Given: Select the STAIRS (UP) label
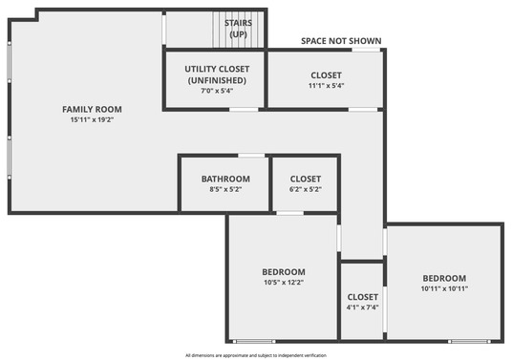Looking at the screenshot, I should (x=238, y=28).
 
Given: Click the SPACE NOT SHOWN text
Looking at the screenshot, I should (x=341, y=41).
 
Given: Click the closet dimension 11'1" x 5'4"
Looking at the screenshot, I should (x=326, y=86).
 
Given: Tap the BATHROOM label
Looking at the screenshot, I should (x=225, y=179).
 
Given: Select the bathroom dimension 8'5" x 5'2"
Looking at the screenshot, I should (x=225, y=189).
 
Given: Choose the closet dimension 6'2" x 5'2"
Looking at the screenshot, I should (x=306, y=189).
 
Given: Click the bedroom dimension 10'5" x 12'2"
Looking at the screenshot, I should (x=284, y=283).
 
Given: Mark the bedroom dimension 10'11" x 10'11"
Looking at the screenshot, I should (x=444, y=288).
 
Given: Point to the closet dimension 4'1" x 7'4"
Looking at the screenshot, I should (x=363, y=307).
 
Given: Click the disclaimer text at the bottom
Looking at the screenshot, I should (x=256, y=355).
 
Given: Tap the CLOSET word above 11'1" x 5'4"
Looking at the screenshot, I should (x=326, y=75).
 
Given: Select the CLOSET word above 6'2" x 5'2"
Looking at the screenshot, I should (x=306, y=179).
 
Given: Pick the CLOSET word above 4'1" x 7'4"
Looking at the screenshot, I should (x=363, y=297).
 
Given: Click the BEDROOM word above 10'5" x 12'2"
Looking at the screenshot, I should (x=284, y=272).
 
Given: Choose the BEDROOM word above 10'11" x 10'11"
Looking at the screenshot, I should (x=444, y=278).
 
